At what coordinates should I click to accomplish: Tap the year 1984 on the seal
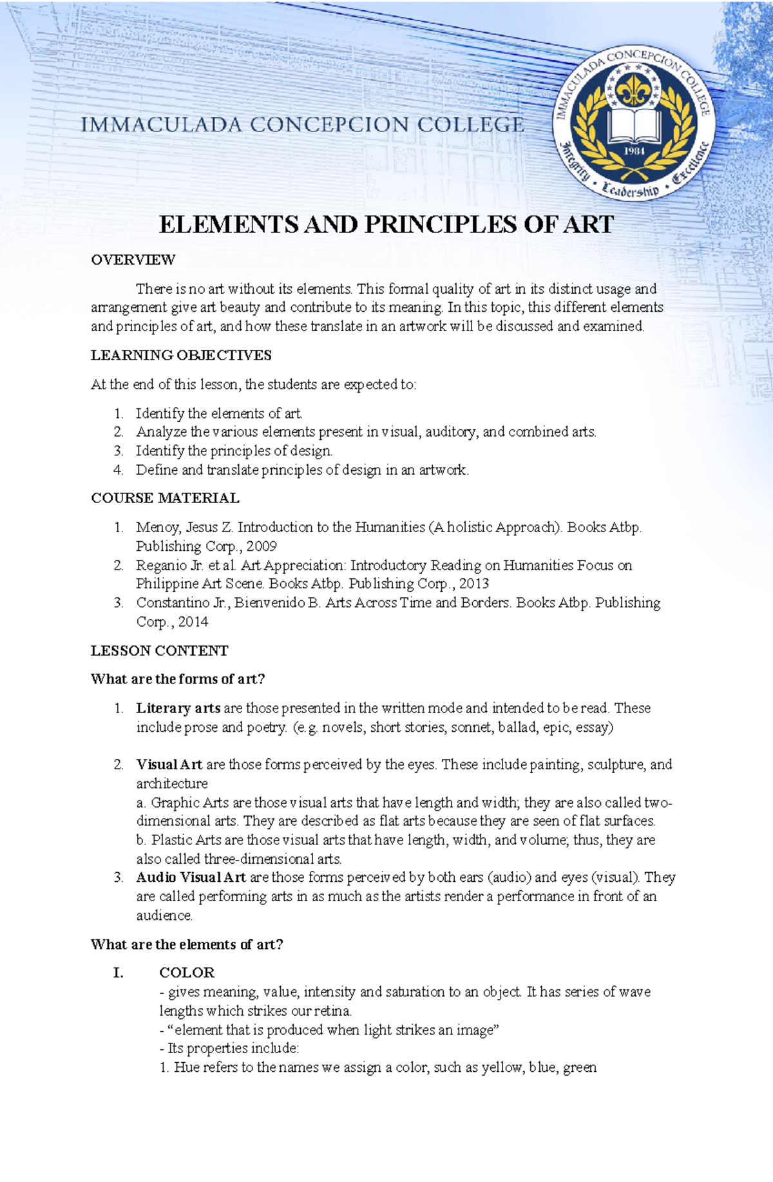pos(635,151)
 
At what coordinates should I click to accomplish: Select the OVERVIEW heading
pos(133,260)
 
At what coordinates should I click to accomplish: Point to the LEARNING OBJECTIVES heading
pos(181,355)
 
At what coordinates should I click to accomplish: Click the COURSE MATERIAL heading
pos(165,498)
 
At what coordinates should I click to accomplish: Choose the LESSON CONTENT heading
pos(159,651)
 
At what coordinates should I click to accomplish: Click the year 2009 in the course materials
pos(260,546)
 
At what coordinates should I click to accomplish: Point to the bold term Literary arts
pos(178,708)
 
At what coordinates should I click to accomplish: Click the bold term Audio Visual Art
pos(191,877)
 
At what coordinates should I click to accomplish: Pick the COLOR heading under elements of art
pos(187,972)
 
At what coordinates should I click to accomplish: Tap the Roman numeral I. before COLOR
pos(119,972)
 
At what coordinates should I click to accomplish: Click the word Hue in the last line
pos(186,1067)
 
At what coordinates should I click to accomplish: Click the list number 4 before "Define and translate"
pos(118,470)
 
